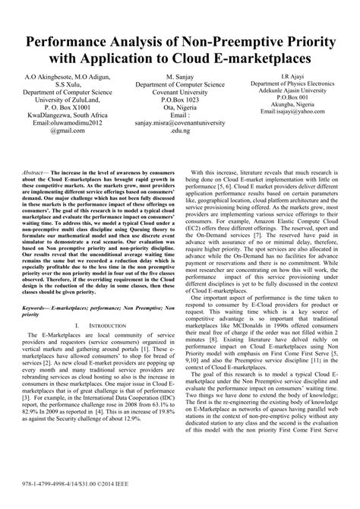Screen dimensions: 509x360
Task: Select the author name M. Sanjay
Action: [x=178, y=77]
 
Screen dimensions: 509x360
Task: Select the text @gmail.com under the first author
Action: [x=63, y=129]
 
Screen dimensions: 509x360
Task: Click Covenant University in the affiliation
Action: [x=179, y=94]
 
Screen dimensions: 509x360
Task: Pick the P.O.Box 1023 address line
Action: [x=179, y=103]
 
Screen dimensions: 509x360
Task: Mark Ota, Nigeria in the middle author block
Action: [x=179, y=112]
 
